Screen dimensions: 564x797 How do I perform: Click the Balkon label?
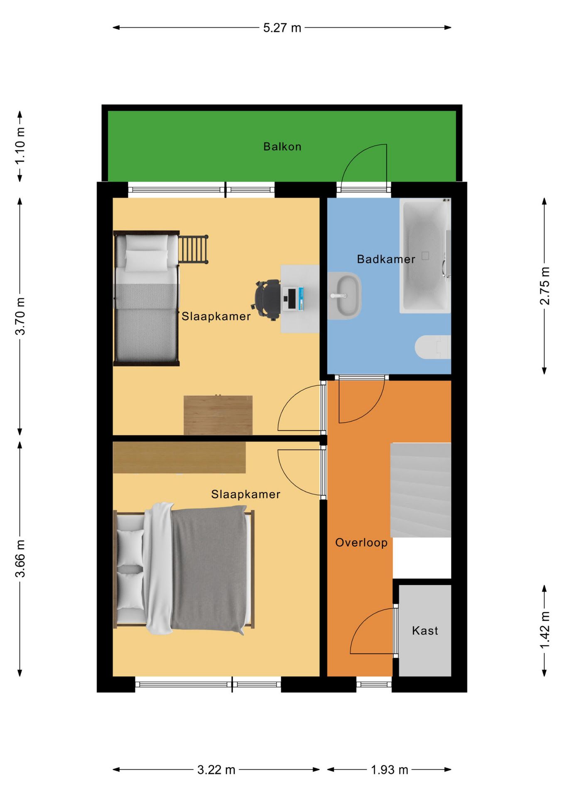pos(282,147)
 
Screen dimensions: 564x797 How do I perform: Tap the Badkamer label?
pos(386,259)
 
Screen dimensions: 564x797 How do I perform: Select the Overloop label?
pos(361,543)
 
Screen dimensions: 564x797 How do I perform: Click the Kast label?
pos(425,631)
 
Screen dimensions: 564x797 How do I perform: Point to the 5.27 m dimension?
pos(282,28)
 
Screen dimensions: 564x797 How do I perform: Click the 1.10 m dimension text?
pos(20,146)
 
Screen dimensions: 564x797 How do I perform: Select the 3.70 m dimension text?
pos(20,316)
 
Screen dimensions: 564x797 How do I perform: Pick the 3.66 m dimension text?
pos(20,559)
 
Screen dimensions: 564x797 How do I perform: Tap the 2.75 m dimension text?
pos(544,286)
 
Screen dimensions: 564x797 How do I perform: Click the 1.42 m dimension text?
pos(544,630)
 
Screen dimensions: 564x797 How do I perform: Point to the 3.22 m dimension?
pos(216,770)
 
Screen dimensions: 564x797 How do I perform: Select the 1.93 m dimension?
pos(389,770)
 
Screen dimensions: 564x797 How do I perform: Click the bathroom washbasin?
pos(345,296)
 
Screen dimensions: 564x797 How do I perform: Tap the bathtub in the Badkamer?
pos(425,256)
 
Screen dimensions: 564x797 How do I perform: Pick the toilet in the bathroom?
pos(433,347)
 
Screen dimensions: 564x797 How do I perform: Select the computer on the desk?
pos(293,299)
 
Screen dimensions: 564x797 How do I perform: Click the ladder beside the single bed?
pos(194,249)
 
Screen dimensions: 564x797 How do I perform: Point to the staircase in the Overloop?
pos(421,490)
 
